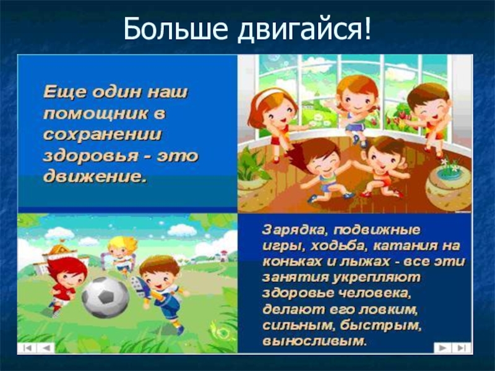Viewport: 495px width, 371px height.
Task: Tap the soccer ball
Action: click(x=105, y=297)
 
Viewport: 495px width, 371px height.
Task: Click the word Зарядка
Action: click(x=293, y=230)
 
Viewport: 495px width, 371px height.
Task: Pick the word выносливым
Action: click(x=314, y=341)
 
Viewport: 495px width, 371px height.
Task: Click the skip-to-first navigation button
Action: click(x=27, y=348)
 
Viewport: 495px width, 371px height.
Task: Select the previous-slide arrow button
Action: click(x=46, y=348)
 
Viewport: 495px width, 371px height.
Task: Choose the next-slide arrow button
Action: click(x=443, y=348)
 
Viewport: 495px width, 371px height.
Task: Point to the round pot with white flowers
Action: click(x=449, y=185)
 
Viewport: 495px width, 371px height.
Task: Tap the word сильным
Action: click(x=298, y=326)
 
